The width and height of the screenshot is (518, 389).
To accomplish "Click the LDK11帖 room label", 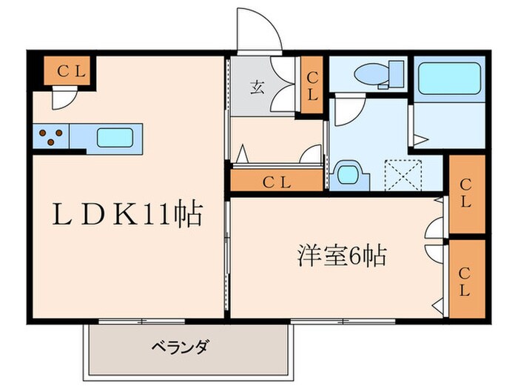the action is coord(127,214).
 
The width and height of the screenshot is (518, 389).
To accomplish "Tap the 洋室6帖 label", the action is coord(342,255).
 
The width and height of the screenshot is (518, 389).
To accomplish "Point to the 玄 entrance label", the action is coord(257,87).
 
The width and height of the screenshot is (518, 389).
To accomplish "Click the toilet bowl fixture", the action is coord(371,73).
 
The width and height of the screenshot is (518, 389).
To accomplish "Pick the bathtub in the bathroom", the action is coord(449,79).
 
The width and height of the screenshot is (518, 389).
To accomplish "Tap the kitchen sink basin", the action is coord(115,138).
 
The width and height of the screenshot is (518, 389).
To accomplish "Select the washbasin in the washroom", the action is coord(349,176).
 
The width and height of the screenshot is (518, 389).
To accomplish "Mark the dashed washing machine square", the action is coord(404,176).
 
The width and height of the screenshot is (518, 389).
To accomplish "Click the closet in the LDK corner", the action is coord(67,70).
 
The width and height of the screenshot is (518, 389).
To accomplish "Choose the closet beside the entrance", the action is coord(312,84).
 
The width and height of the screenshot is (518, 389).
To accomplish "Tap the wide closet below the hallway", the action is coord(277,180).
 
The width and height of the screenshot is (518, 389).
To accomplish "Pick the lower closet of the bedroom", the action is coord(467,279).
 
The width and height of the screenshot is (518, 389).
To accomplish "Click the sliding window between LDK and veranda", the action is coord(142,321).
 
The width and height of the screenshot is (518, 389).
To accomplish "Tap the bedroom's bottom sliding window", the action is coord(343,321).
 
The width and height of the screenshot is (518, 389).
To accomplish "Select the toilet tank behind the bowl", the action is coord(397,74).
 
